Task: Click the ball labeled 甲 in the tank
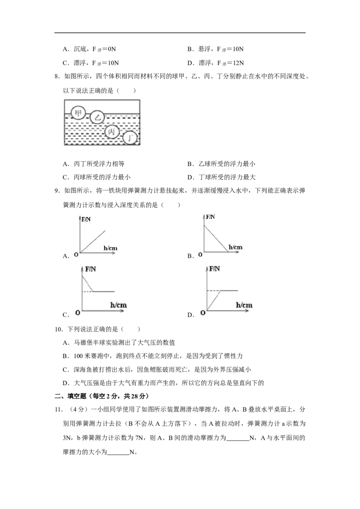78,113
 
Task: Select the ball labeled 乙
97,117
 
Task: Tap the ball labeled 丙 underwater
112,131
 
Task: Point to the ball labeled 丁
130,138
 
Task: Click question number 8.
57,76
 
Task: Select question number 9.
57,191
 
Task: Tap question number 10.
59,329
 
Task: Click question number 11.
58,409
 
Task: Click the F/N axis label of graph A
86,219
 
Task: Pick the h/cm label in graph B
235,247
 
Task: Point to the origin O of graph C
78,313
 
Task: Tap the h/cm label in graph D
244,305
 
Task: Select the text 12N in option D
239,63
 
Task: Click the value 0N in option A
112,49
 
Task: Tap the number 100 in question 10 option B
78,356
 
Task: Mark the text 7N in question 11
139,438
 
